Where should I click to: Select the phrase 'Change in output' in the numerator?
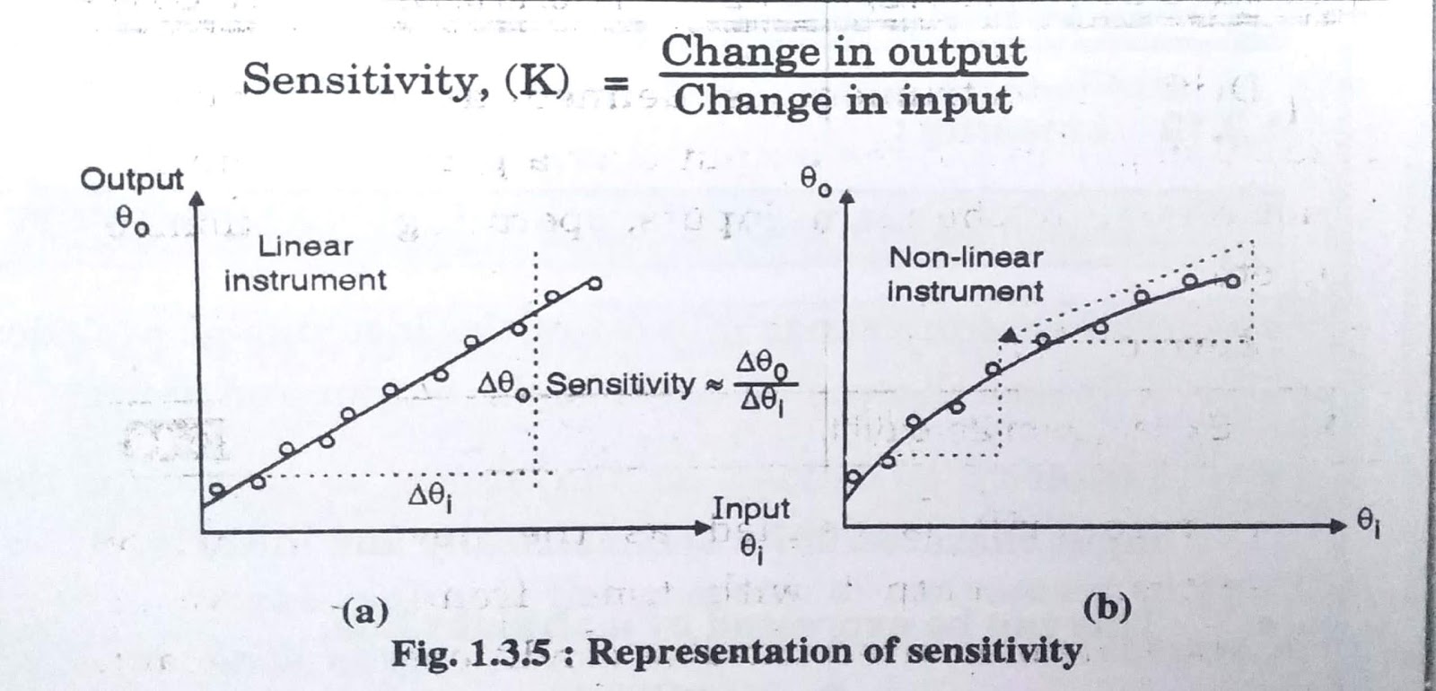(x=844, y=51)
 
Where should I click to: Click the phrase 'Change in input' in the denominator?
(x=843, y=101)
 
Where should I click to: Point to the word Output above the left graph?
(x=132, y=179)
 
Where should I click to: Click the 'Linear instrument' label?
(x=305, y=263)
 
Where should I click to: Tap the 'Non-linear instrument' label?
(x=966, y=274)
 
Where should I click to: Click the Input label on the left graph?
(x=750, y=509)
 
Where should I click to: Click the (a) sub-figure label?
(x=365, y=613)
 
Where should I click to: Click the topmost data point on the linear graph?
(x=593, y=284)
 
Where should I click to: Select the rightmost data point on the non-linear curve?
(x=1232, y=281)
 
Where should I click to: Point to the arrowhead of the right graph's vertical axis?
(x=844, y=196)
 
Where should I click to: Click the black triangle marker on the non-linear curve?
(x=1010, y=336)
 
